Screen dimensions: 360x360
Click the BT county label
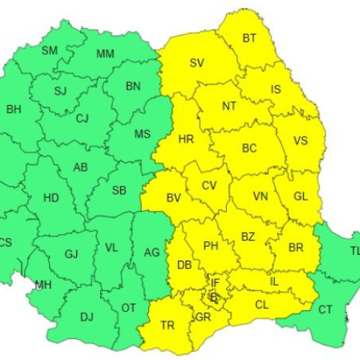249,37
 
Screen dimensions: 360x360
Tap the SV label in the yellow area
197,62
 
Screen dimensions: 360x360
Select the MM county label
105,54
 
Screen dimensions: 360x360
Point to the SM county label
50,50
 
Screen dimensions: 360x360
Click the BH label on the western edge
14,109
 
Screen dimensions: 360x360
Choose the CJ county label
82,118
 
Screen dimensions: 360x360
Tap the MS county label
143,135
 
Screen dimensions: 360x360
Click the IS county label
276,89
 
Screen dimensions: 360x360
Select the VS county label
300,142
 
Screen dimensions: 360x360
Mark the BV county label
174,197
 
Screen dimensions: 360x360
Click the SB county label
120,191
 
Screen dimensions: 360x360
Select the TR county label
168,325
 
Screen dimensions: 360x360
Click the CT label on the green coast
325,310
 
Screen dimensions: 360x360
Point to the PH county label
210,246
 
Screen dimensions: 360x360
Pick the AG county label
152,252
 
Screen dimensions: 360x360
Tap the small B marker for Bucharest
212,295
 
